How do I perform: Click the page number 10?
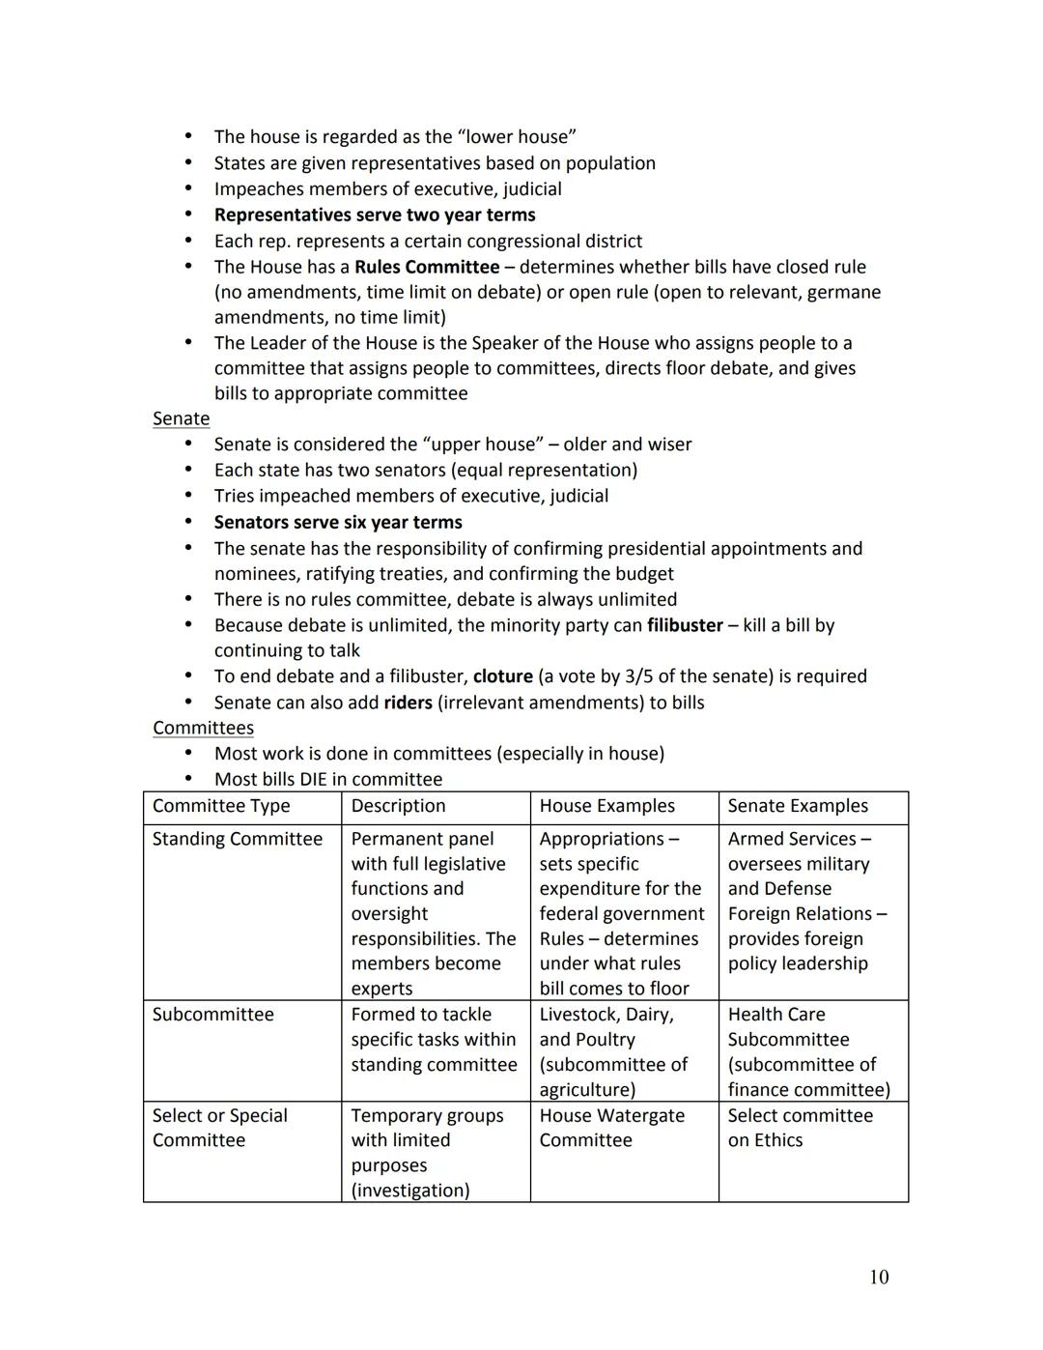pos(878,1278)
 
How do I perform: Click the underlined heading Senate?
pos(181,418)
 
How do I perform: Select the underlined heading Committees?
pos(203,728)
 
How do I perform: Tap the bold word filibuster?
pos(685,625)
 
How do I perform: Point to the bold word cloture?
pos(502,676)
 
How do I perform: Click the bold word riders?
pos(408,703)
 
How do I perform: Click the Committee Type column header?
pos(221,806)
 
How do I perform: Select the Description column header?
pos(398,806)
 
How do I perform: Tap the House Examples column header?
pos(606,806)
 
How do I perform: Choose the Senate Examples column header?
pos(798,806)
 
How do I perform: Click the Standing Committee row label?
pos(238,839)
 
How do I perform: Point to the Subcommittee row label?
pos(212,1015)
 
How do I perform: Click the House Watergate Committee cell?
pos(611,1128)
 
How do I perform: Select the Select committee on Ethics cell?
pos(800,1128)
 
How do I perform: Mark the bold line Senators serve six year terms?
pos(338,522)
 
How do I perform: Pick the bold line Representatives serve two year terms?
pos(375,215)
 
